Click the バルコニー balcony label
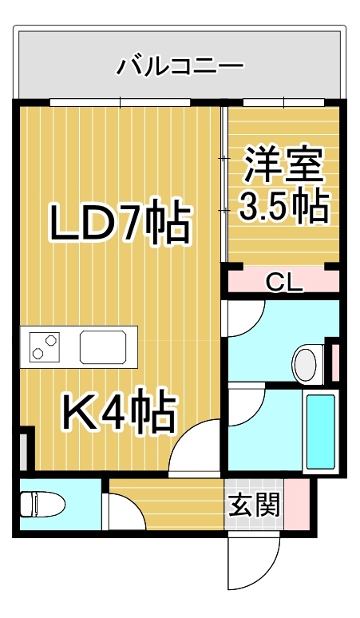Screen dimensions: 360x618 click(x=180, y=65)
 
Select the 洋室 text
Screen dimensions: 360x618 click(x=284, y=165)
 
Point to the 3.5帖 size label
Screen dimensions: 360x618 click(x=283, y=207)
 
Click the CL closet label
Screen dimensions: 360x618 click(x=285, y=281)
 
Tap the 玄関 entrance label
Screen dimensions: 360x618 click(x=255, y=505)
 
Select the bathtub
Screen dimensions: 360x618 click(x=321, y=432)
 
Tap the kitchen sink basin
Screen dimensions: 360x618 click(x=104, y=347)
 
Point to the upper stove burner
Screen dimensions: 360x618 click(x=50, y=339)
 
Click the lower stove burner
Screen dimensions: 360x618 click(x=38, y=354)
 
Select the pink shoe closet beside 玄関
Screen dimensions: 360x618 click(x=297, y=504)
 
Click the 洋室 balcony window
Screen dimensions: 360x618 click(x=283, y=102)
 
